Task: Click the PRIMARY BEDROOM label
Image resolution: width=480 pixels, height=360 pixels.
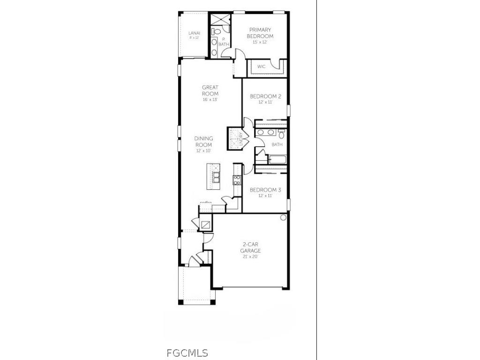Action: pyautogui.click(x=261, y=33)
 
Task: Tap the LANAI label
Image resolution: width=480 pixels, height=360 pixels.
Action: pyautogui.click(x=194, y=33)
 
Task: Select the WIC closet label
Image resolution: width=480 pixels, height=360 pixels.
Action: pyautogui.click(x=262, y=67)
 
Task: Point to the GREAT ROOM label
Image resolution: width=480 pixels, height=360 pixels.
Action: pyautogui.click(x=210, y=90)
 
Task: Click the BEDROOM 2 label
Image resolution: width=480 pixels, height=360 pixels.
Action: pyautogui.click(x=265, y=96)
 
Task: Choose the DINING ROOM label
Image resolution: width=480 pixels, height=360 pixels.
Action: pyautogui.click(x=204, y=142)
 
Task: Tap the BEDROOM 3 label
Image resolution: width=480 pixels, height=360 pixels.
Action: pyautogui.click(x=265, y=190)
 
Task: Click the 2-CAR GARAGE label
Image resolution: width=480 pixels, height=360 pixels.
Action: pyautogui.click(x=251, y=247)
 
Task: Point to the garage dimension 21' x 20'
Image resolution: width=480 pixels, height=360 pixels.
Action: pyautogui.click(x=251, y=257)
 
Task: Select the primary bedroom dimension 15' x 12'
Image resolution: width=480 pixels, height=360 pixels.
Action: pyautogui.click(x=260, y=42)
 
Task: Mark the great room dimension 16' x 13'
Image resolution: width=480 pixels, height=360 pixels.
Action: pyautogui.click(x=210, y=99)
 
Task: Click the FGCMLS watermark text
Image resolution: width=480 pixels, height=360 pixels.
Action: pyautogui.click(x=187, y=353)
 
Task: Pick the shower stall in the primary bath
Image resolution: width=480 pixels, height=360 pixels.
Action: pyautogui.click(x=220, y=20)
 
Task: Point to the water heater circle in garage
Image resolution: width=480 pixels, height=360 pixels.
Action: pyautogui.click(x=283, y=217)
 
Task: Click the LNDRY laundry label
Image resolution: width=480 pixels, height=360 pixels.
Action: pyautogui.click(x=240, y=140)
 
